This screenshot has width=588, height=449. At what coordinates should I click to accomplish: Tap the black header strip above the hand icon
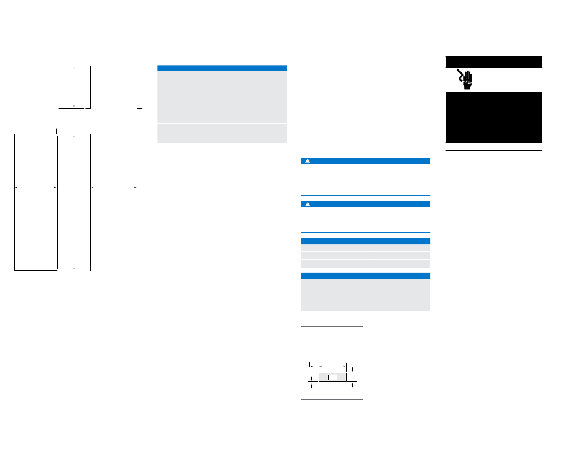pos(494,61)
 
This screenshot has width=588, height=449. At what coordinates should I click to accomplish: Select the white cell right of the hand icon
pos(514,79)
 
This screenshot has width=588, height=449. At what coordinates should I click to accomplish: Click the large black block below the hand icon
pos(494,117)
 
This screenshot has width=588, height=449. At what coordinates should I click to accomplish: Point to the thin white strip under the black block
pos(494,147)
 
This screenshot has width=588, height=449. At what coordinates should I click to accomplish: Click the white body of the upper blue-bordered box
pos(365,180)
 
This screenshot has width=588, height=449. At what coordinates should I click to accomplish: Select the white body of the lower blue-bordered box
pos(365,219)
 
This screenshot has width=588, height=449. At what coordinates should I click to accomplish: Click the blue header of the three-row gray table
pos(365,240)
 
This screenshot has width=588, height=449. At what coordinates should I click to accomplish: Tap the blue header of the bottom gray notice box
pos(365,276)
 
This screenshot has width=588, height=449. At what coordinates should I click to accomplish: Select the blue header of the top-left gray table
pos(222,68)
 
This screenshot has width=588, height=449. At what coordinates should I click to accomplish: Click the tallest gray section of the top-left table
pos(222,87)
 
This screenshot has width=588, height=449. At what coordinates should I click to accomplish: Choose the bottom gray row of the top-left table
pos(222,133)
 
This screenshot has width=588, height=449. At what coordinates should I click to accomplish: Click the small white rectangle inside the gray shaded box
pos(332,377)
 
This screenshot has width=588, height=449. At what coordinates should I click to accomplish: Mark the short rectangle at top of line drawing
pos(114,87)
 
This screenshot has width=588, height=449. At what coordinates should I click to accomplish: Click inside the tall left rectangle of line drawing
pos(35,223)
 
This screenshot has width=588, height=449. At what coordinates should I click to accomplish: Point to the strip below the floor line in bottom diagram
pos(332,391)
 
